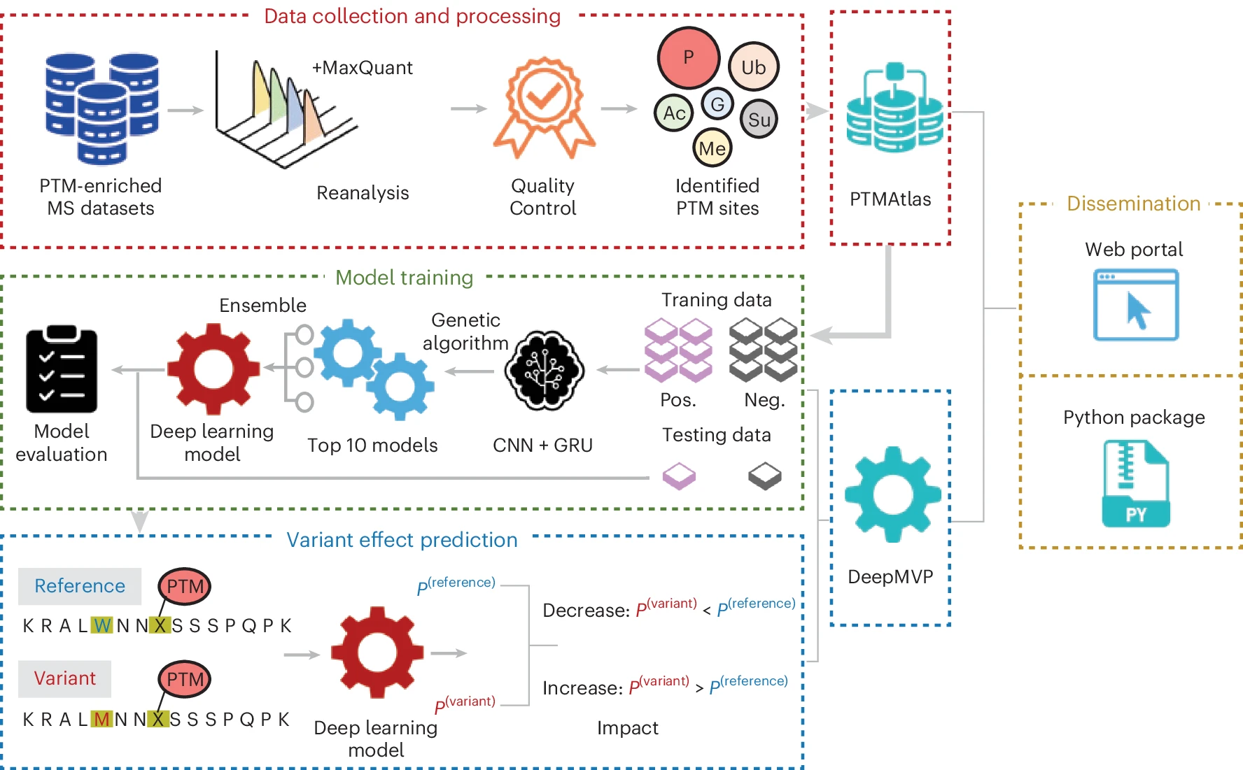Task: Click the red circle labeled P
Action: pos(688,58)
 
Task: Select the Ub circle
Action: pos(753,67)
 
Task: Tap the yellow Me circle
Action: pos(712,148)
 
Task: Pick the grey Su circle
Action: pos(759,120)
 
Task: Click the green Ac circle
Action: pos(674,113)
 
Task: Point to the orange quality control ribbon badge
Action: pos(544,105)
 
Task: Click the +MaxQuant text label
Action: pos(362,68)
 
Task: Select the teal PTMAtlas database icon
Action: pos(894,112)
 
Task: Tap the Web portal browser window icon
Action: pos(1135,306)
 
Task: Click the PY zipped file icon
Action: pos(1135,483)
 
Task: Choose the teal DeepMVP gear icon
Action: pos(892,494)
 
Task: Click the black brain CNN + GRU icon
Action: pos(545,370)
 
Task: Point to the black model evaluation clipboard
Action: pos(62,369)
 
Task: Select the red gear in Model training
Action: pos(213,369)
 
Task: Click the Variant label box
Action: pos(64,678)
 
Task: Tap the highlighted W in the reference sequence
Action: pos(102,625)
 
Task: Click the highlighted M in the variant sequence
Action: pos(102,719)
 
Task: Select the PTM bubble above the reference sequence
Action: pos(185,586)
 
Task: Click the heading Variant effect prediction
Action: pos(402,540)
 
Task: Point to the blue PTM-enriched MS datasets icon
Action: pos(102,108)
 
